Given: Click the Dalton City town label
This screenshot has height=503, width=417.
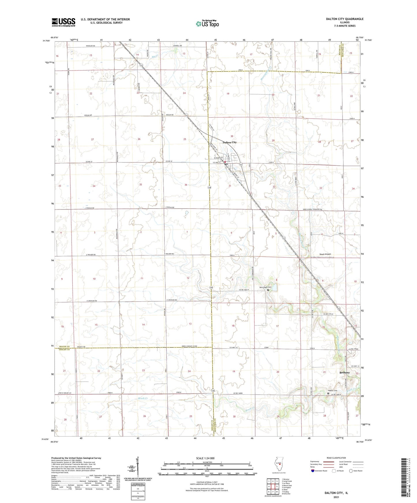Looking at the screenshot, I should point(229,142).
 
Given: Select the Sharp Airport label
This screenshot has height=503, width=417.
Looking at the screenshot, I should point(325,254).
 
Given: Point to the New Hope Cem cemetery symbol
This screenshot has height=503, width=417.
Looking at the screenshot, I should point(268,290).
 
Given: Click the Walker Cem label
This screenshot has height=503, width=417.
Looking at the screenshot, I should point(333,391).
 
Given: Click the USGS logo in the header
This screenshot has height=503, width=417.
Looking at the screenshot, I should point(63,22).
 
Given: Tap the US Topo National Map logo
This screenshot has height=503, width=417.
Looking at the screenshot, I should point(207,24).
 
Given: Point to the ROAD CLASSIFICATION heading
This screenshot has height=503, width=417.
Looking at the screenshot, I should point(336,458).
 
